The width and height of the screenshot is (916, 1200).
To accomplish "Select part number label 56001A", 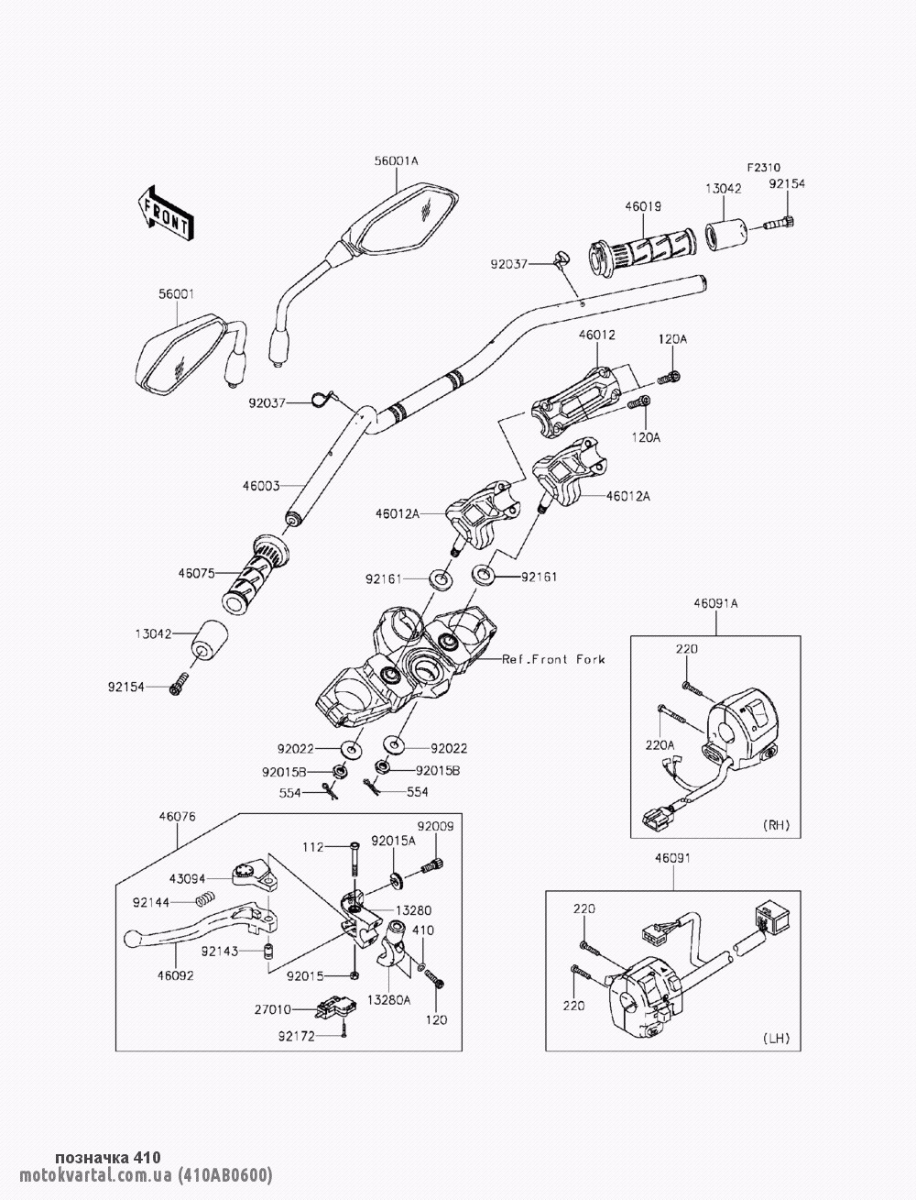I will point(396,160).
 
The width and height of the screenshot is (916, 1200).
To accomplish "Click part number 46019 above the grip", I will point(643,207).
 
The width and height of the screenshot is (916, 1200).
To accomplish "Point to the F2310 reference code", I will point(762,168).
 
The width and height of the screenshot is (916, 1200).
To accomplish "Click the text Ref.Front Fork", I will point(553,659).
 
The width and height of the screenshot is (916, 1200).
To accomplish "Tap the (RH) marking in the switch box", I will point(775,825).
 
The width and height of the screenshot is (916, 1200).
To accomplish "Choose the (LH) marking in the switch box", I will point(775,1039).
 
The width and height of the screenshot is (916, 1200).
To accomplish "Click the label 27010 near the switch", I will point(273,1008).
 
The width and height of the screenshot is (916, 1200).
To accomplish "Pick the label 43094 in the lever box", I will point(187,877).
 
